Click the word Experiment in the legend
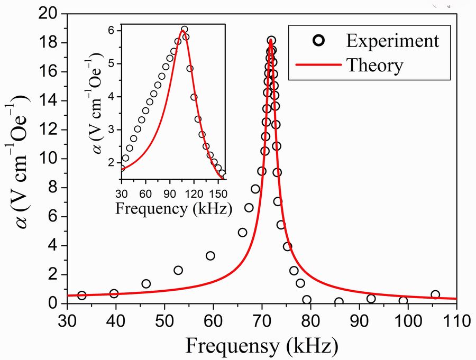pos(392,41)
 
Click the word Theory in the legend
pos(374,66)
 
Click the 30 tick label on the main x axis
pos(67,320)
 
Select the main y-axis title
pos(21,159)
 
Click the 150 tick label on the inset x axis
pos(208,193)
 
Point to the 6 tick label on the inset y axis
pos(111,31)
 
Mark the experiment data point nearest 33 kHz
pos(81,296)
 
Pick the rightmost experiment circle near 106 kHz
pos(435,294)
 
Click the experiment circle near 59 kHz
pos(210,256)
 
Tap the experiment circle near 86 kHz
pos(339,302)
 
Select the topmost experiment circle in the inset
pos(184,30)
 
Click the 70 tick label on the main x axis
pos(262,320)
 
